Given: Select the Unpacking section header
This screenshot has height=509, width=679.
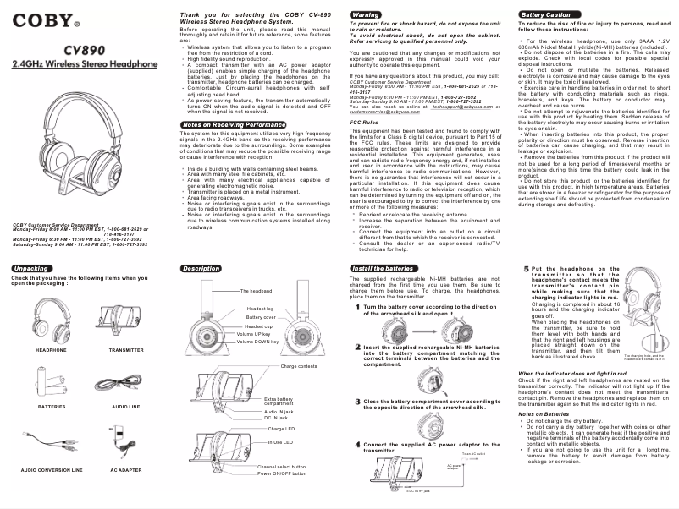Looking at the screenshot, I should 30,267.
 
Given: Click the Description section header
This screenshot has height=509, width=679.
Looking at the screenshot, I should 201,267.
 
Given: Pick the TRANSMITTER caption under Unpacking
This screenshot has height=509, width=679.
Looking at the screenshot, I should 126,348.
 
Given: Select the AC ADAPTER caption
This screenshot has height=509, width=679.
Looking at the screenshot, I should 125,468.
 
